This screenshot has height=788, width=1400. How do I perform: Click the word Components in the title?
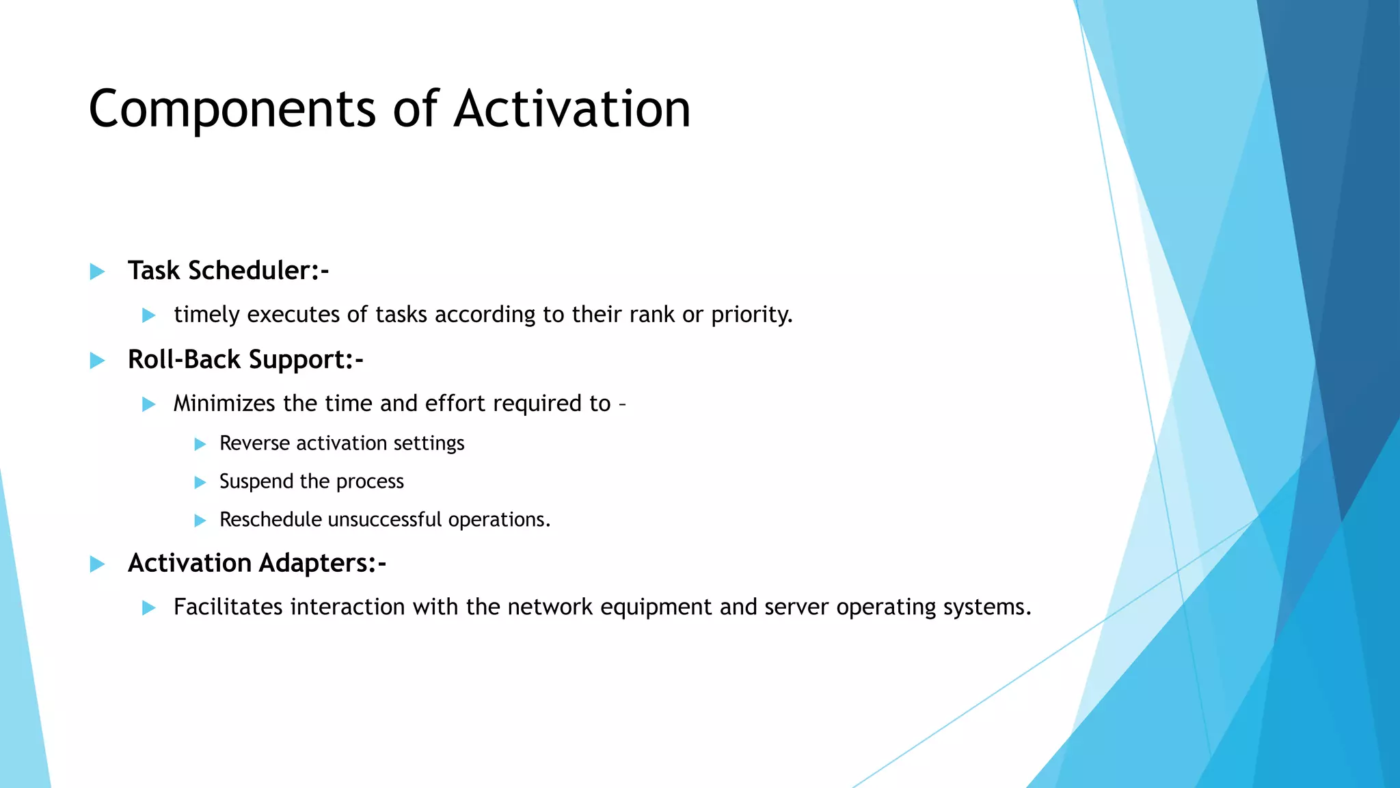[232, 109]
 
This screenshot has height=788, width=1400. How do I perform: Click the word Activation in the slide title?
[572, 109]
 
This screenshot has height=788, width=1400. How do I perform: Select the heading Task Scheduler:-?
[228, 271]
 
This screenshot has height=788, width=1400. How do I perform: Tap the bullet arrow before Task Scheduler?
[97, 272]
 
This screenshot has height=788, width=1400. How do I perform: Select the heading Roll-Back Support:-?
[245, 360]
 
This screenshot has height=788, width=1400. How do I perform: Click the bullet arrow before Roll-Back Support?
[97, 360]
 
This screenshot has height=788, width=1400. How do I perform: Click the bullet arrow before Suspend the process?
[200, 482]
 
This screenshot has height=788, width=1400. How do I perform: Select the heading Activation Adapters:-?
[257, 564]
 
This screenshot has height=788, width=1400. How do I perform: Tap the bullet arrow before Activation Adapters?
[97, 564]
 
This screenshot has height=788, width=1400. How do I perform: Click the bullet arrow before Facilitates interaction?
[148, 607]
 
